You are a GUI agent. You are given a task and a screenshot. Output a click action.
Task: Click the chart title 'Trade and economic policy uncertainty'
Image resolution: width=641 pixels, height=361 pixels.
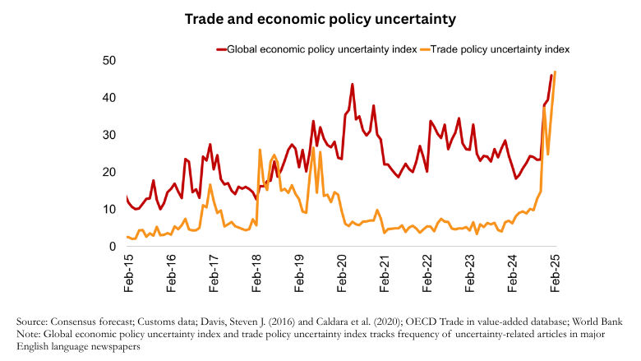320,18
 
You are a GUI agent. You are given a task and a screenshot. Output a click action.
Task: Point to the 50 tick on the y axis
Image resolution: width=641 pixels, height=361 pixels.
108,61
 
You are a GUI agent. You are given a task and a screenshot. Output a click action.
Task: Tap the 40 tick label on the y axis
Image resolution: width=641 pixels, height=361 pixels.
108,98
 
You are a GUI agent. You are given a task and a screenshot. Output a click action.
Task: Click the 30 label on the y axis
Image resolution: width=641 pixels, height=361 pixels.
108,135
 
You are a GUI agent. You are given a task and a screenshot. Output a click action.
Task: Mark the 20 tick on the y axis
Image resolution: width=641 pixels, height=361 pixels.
108,173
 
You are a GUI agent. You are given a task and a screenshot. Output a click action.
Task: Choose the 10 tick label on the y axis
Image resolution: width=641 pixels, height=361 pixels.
108,210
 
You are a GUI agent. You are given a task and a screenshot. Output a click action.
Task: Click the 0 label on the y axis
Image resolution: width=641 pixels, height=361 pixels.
112,247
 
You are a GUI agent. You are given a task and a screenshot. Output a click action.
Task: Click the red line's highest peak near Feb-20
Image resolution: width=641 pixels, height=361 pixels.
353,84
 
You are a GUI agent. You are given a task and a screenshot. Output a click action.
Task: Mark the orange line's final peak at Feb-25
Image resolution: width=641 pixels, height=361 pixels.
556,72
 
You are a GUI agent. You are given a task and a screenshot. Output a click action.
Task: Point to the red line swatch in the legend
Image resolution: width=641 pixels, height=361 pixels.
221,49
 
